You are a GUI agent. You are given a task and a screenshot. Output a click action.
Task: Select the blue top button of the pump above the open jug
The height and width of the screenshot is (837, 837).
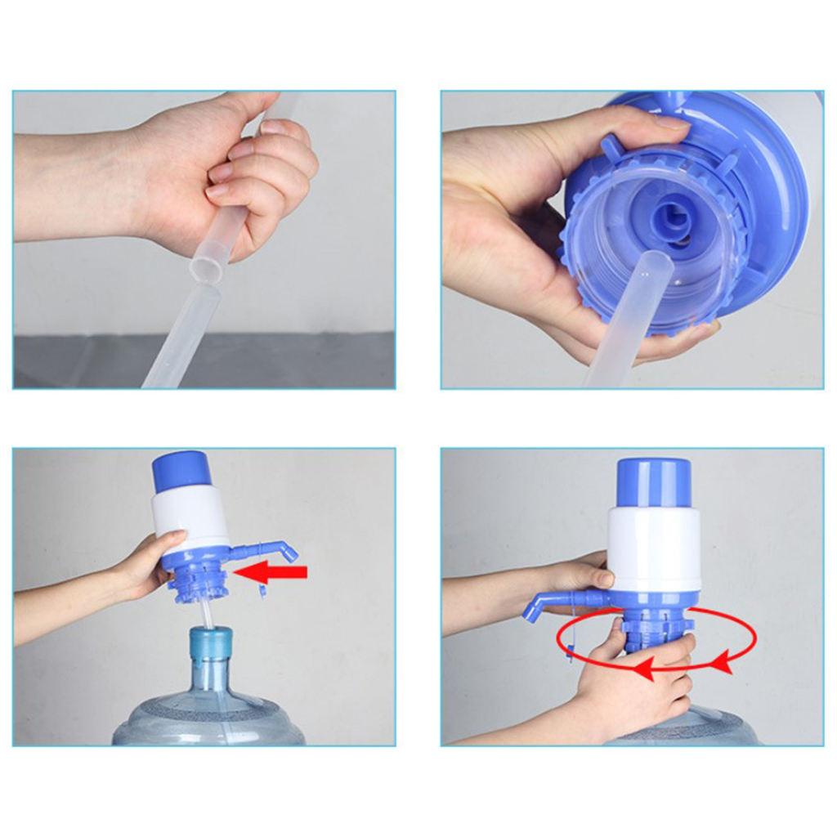[x=178, y=469]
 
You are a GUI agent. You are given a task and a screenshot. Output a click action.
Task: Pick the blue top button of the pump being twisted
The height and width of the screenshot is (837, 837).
[x=653, y=480]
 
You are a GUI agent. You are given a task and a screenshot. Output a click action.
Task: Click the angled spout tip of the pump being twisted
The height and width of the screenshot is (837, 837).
[x=531, y=609]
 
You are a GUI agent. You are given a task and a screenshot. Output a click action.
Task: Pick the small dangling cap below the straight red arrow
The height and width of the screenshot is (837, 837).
[x=263, y=591]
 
